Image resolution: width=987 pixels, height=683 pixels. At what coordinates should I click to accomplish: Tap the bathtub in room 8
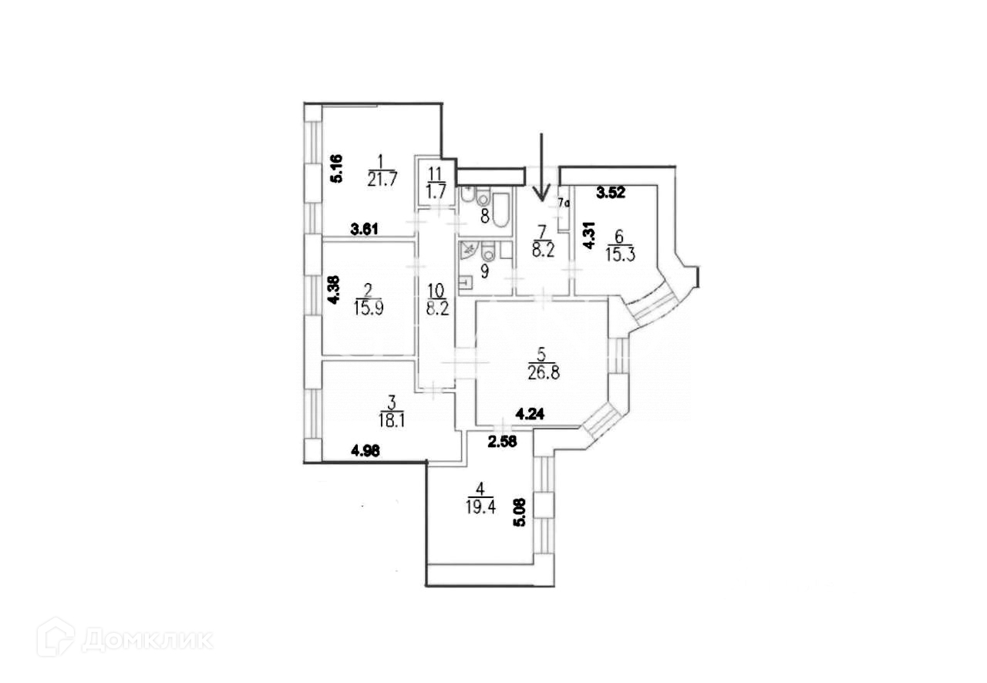click(x=500, y=210)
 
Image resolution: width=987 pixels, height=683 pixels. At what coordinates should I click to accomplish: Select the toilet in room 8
click(x=483, y=200)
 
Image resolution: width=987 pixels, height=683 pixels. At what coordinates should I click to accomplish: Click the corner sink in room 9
click(x=467, y=250)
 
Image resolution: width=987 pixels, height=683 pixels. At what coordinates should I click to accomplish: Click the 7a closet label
click(x=564, y=204)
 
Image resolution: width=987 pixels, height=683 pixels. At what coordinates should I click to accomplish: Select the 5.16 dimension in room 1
click(x=336, y=168)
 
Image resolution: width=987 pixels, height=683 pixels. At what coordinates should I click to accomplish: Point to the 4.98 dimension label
click(x=366, y=453)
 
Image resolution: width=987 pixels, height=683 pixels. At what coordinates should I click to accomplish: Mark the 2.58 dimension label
click(x=502, y=441)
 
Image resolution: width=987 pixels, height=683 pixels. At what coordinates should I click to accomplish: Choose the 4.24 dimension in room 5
click(x=530, y=414)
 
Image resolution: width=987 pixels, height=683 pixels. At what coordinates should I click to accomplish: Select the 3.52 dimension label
click(x=611, y=193)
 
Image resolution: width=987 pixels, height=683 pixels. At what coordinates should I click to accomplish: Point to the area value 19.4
click(x=480, y=506)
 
